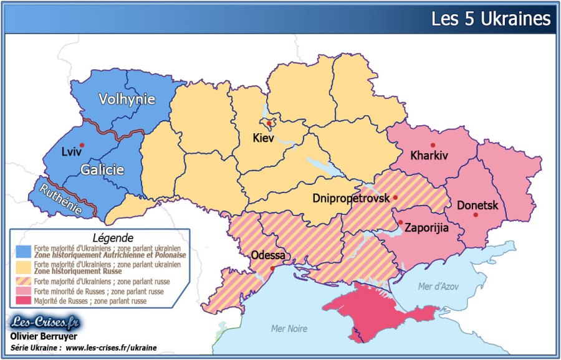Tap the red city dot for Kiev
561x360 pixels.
pyautogui.click(x=268, y=123)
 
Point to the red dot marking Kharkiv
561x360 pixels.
pyautogui.click(x=433, y=145)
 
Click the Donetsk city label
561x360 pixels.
pyautogui.click(x=477, y=204)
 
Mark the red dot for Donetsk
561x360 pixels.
pyautogui.click(x=476, y=216)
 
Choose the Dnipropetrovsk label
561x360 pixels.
pyautogui.click(x=351, y=198)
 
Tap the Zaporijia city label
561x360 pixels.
pyautogui.click(x=427, y=227)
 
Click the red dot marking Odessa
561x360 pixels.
pyautogui.click(x=272, y=268)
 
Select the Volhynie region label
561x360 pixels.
pyautogui.click(x=127, y=99)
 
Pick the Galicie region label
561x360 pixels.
pyautogui.click(x=102, y=169)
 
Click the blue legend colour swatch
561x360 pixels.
pyautogui.click(x=24, y=251)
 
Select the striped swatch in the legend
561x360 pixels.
pyautogui.click(x=24, y=281)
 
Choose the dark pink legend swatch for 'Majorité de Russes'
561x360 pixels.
pyautogui.click(x=24, y=301)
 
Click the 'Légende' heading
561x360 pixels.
pyautogui.click(x=112, y=237)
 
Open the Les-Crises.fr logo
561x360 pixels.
pyautogui.click(x=45, y=323)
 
